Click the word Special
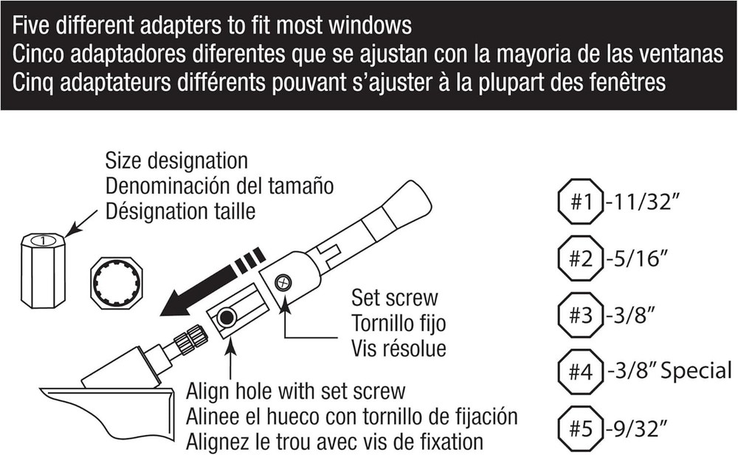(697, 370)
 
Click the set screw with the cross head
(282, 282)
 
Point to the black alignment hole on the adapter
(227, 318)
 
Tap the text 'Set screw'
(394, 298)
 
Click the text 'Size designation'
(176, 161)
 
